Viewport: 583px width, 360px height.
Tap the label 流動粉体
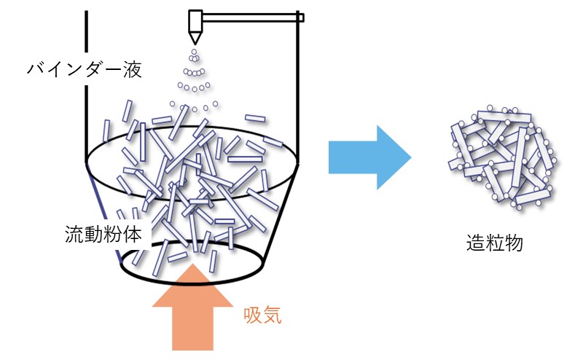107,235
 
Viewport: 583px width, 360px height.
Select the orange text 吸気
262,316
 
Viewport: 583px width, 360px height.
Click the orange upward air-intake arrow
192,310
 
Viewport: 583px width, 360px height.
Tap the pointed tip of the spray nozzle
195,42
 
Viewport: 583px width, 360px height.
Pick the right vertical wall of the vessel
298,80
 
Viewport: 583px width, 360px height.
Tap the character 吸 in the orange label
253,316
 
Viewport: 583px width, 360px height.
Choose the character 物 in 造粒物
513,244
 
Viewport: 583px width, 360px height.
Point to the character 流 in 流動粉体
74,235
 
